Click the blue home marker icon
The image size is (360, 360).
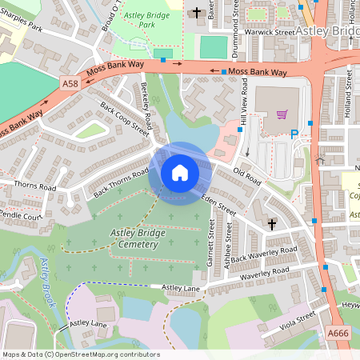point(179,173)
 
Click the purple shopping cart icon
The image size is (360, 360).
point(281,114)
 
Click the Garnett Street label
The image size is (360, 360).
point(212,247)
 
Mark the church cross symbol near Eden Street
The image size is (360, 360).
point(272,223)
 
